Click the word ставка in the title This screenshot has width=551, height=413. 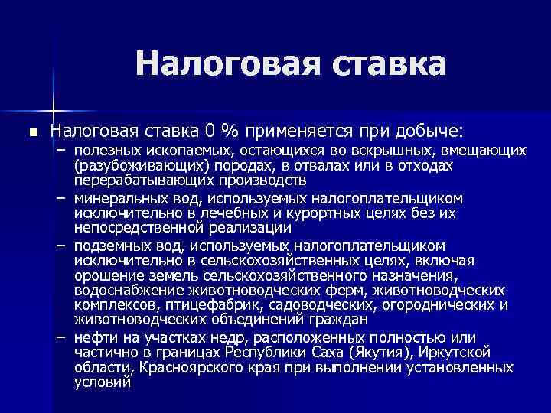click(x=390, y=64)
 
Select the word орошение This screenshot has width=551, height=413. click(x=106, y=275)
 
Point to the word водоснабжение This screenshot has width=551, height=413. click(x=121, y=291)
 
